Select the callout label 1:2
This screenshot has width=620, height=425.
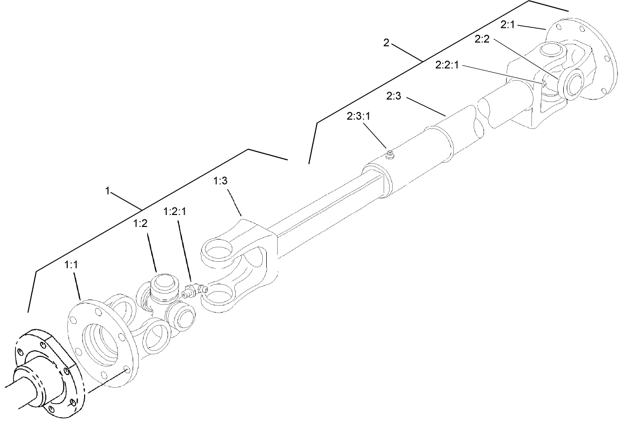[141, 224]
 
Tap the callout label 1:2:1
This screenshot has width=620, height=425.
[175, 212]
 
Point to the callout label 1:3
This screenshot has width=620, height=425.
[220, 182]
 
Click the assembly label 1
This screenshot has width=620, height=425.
[107, 190]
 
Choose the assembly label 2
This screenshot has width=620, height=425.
[386, 43]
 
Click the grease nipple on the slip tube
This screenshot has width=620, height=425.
[390, 156]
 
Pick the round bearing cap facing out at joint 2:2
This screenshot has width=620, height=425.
[573, 82]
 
